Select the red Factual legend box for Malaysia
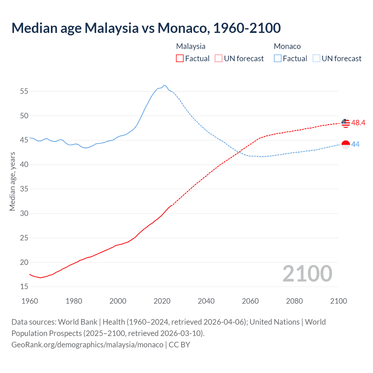(180, 59)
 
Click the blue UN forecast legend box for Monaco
(316, 59)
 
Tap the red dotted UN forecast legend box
(219, 59)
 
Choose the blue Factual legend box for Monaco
(278, 59)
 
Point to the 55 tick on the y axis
(24, 91)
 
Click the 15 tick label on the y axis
(24, 287)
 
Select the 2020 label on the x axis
(162, 301)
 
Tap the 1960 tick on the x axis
(30, 301)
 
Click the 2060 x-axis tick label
(250, 301)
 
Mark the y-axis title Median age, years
(12, 181)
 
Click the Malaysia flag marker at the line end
(346, 123)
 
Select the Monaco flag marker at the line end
(346, 145)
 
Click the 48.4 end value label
(358, 123)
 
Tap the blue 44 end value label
(356, 144)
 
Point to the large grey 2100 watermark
(307, 274)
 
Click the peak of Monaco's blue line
(164, 85)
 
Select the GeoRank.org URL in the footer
(87, 344)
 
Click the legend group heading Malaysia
(191, 46)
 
